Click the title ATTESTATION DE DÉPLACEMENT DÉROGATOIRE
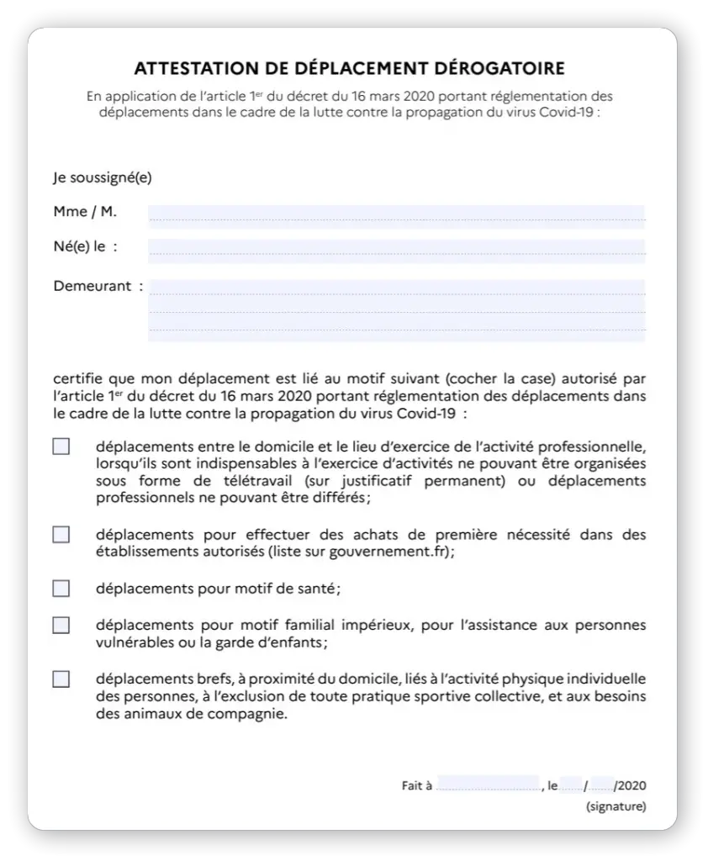pos(350,68)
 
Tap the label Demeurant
pos(92,286)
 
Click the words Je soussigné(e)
pos(103,177)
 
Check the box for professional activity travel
pos(61,446)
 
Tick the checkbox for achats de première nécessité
pos(61,535)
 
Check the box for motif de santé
pos(61,589)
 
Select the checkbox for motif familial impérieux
pos(61,626)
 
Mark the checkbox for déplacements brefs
pos(61,679)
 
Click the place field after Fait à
pos(488,786)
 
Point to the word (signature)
pos(616,807)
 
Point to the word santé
pos(319,589)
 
